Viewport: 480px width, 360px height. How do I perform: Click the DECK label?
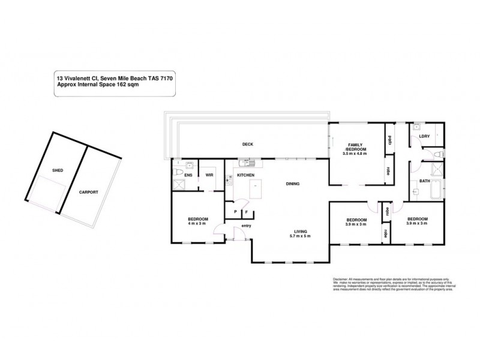coord(247,144)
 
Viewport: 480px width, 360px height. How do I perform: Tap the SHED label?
coord(58,170)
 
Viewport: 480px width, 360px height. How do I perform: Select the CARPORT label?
coord(88,192)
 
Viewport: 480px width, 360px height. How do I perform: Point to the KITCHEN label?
coord(246,175)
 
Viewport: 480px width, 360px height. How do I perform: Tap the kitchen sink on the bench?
coord(246,162)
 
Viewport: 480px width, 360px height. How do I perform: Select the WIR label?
coord(209,175)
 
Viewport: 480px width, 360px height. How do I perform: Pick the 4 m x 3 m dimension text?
coord(197,224)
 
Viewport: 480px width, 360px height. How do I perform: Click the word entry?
coord(246,226)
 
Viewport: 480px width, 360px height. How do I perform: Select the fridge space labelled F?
coord(246,212)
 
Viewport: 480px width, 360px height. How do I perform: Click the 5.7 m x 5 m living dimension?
coord(301,236)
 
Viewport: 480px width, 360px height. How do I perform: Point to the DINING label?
coord(292,184)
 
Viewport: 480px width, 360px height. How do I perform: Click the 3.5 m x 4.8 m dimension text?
coord(355,154)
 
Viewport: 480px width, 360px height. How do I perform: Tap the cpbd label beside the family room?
coord(389,142)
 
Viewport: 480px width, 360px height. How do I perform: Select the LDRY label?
coord(425,136)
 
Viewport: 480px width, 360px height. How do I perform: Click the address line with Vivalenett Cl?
coord(115,78)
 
